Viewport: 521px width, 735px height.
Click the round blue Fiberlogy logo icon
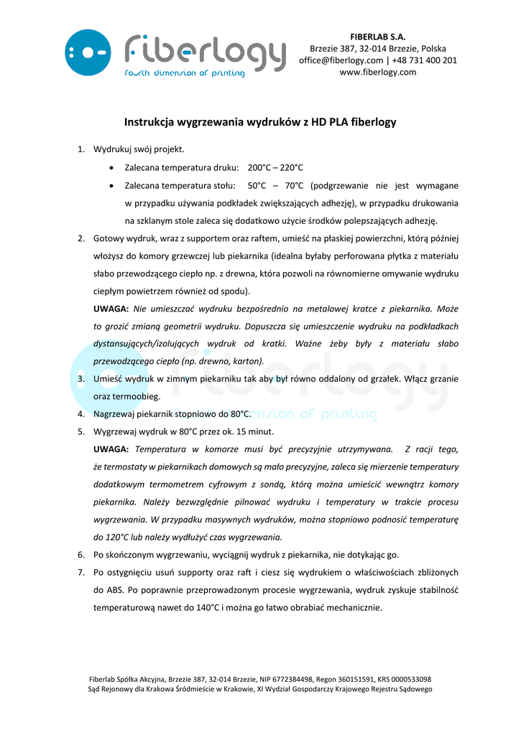point(88,52)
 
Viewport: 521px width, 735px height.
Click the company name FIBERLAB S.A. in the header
point(377,37)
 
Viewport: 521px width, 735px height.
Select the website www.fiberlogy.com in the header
point(377,72)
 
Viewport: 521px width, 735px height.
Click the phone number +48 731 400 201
point(424,60)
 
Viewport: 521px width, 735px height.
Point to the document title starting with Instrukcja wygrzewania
point(260,123)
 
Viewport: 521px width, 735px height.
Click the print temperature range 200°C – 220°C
point(275,167)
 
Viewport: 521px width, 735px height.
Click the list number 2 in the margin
point(81,238)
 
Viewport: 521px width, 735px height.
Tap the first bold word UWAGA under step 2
point(111,309)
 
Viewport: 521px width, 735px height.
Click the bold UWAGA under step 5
point(111,449)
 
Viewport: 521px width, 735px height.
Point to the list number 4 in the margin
point(81,414)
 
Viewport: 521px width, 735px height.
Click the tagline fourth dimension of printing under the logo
point(184,73)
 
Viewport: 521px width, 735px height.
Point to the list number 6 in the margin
point(81,555)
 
